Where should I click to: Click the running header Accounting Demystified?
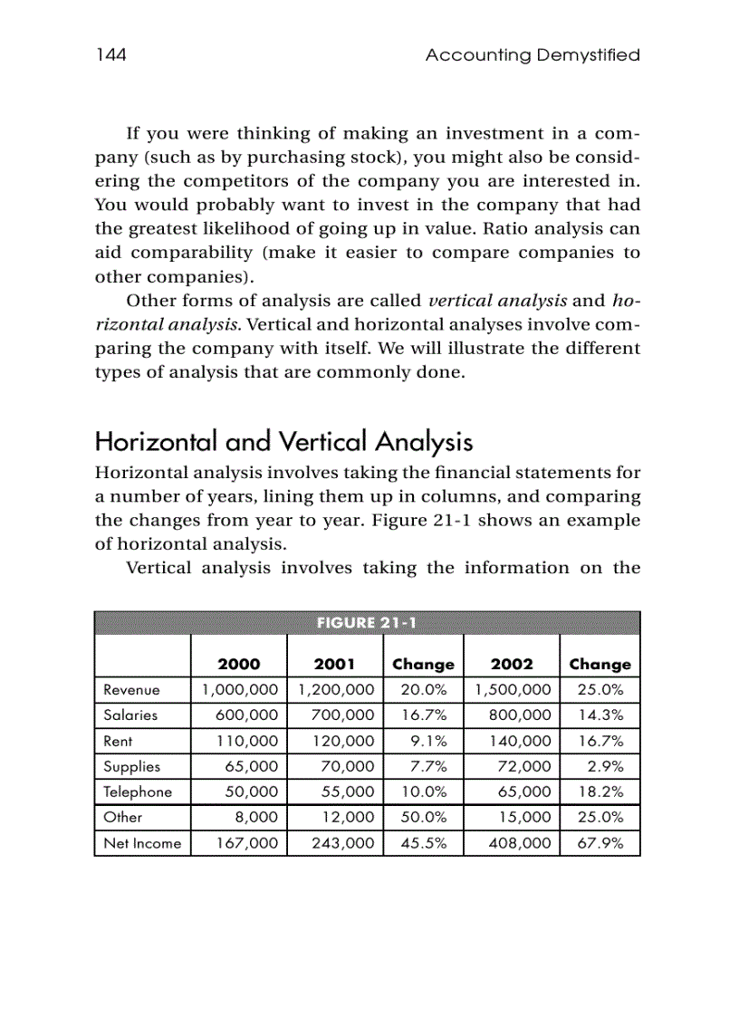pyautogui.click(x=533, y=55)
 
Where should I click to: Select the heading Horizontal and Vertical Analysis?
pyautogui.click(x=283, y=443)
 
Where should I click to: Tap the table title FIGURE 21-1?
pyautogui.click(x=367, y=622)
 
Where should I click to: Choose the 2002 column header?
pyautogui.click(x=512, y=664)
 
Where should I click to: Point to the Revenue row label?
pyautogui.click(x=131, y=690)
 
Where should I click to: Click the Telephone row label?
pyautogui.click(x=138, y=792)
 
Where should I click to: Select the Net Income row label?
pyautogui.click(x=142, y=844)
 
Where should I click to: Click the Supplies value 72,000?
pyautogui.click(x=524, y=766)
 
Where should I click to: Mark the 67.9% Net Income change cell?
pyautogui.click(x=600, y=844)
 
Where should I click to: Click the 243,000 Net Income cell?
pyautogui.click(x=341, y=844)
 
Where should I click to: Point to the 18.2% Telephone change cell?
pyautogui.click(x=600, y=792)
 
